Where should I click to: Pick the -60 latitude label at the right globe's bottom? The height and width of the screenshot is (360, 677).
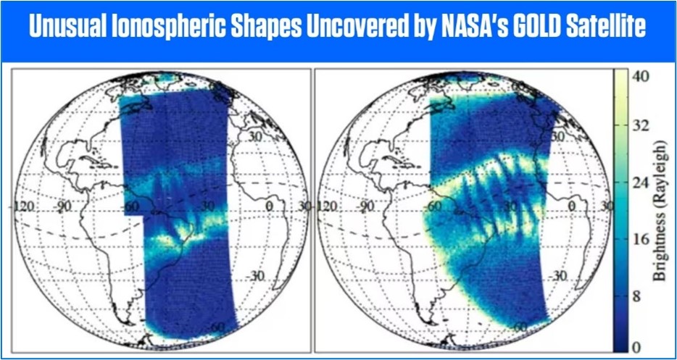click(x=521, y=327)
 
